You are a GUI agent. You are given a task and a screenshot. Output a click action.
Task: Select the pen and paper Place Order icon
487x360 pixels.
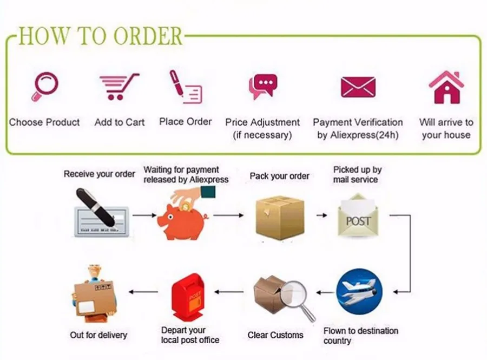(x=185, y=87)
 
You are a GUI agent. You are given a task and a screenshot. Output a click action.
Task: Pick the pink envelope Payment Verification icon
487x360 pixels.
(x=358, y=87)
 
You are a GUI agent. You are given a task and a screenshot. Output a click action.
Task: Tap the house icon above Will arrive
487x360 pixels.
(x=446, y=87)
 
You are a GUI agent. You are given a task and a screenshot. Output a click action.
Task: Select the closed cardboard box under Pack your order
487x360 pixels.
(x=279, y=217)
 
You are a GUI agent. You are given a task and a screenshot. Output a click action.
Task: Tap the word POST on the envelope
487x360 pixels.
(x=358, y=222)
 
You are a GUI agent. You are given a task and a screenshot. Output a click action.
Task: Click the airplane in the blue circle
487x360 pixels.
(x=359, y=292)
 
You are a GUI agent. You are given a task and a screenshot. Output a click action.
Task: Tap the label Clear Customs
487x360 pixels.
(x=275, y=335)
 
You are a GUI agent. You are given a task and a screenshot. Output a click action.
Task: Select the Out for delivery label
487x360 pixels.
(x=98, y=335)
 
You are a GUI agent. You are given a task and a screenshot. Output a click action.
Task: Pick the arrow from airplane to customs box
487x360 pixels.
(x=325, y=292)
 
